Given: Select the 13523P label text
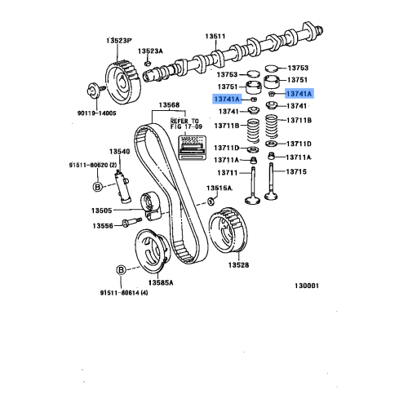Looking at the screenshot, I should tap(118, 41).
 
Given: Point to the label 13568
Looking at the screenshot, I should tap(169, 105).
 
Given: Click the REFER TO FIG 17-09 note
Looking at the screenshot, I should tap(184, 124).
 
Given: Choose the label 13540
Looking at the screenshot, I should tap(120, 152).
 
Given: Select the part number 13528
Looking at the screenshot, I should tap(238, 265).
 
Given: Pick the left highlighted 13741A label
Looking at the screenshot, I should tap(228, 99).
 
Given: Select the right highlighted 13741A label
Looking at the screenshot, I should tap(299, 95).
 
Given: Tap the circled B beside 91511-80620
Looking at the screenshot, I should tap(97, 187).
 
